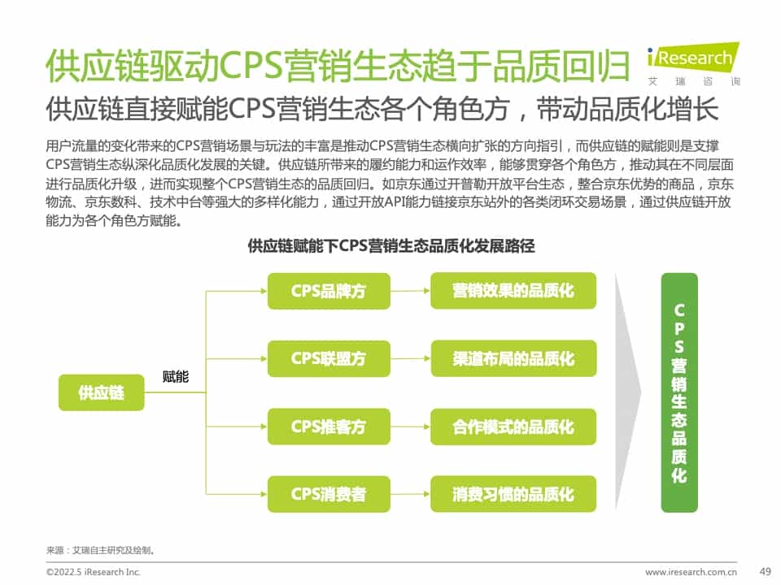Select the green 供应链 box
pos(101,393)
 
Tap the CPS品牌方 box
pos(329,291)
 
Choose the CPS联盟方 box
pos(329,358)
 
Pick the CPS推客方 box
pos(329,427)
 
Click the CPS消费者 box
pos(329,494)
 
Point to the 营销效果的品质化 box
pos(513,291)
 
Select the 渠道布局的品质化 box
pos(513,358)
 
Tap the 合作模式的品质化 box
pos(513,427)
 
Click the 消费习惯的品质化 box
pos(513,494)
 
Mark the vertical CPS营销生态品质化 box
pos(679,392)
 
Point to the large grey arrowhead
pos(627,392)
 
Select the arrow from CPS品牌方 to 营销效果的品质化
pos(410,291)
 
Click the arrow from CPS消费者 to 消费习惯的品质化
pos(410,494)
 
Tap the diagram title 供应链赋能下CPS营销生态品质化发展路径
pos(390,246)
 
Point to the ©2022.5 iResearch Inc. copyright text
pos(94,572)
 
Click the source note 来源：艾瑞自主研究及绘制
pos(101,550)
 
